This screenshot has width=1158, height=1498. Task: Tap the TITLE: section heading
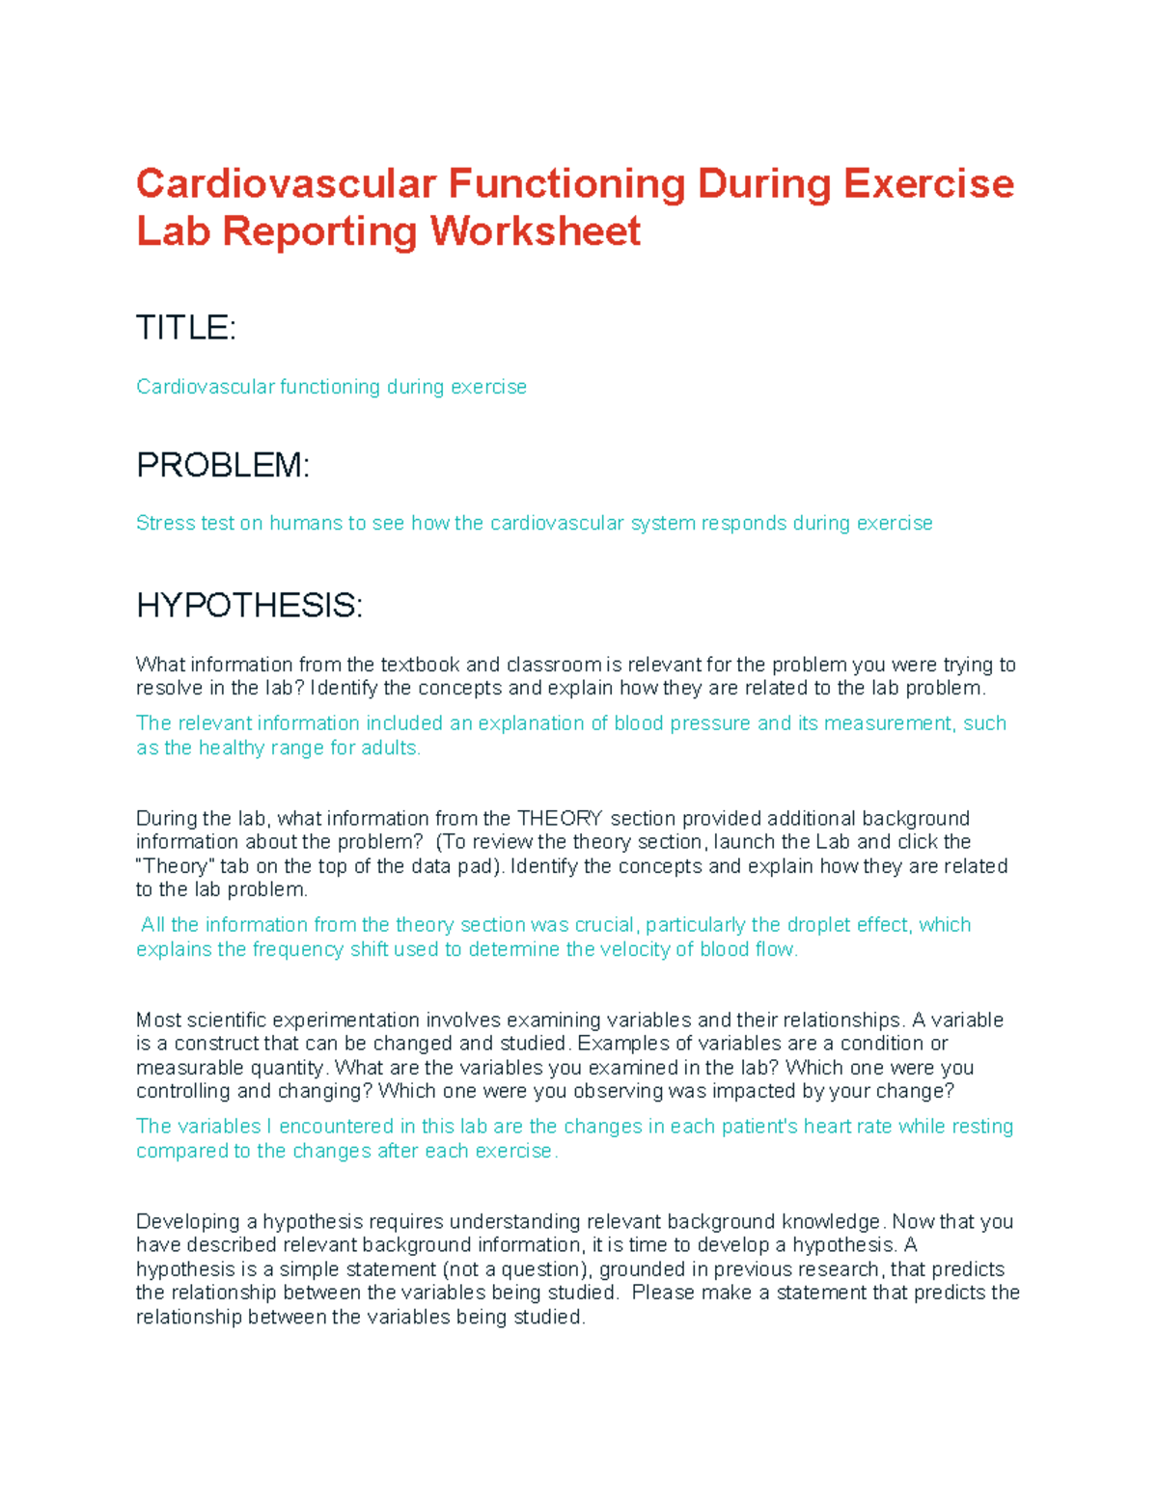(185, 328)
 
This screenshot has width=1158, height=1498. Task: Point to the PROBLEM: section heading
(223, 465)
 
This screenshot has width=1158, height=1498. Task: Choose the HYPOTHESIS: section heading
(249, 606)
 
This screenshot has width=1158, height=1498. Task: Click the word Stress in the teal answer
(165, 523)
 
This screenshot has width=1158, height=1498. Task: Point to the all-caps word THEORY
(560, 819)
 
